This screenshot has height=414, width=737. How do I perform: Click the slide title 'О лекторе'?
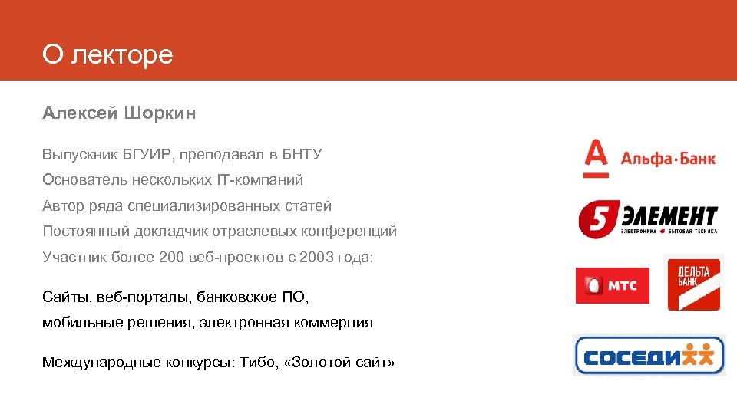pos(107,54)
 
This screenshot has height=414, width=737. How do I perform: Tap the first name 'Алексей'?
pos(79,113)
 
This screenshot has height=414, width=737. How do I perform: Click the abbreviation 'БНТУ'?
pos(302,155)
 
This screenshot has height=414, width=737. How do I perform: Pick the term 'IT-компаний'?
pos(264,180)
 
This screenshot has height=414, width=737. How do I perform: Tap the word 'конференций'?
pos(354,232)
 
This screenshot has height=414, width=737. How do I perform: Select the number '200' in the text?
pos(172,257)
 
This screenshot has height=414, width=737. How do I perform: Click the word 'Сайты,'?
pos(66,297)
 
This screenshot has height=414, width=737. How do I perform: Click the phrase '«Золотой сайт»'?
pos(339,362)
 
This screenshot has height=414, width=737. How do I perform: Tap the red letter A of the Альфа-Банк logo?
pos(596,158)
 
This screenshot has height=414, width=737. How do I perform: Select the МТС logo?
pos(612,286)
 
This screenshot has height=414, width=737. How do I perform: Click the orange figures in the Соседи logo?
pos(699,355)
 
